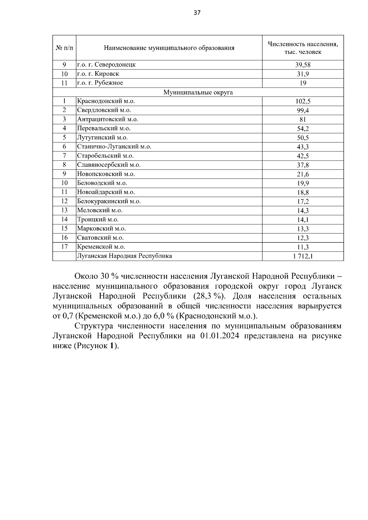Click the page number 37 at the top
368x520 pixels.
(197, 13)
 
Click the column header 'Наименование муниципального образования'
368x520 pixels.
(169, 48)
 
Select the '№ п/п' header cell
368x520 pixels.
(64, 48)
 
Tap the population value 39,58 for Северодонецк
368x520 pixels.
(303, 65)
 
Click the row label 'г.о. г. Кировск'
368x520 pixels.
(98, 74)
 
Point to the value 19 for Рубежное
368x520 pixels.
(303, 83)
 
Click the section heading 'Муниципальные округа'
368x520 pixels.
(198, 92)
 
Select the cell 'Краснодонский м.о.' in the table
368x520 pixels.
(106, 101)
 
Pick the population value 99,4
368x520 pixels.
(303, 110)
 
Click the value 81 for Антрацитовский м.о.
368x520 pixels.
(303, 120)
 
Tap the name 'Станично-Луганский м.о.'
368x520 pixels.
(114, 146)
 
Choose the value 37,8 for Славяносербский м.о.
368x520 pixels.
(303, 165)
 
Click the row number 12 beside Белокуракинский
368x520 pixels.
(64, 201)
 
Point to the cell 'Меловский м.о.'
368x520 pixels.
(100, 210)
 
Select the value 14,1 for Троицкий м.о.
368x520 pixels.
(303, 219)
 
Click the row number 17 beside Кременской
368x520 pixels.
(64, 247)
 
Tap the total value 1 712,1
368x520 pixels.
(303, 256)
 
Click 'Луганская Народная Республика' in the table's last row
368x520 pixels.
(125, 256)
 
